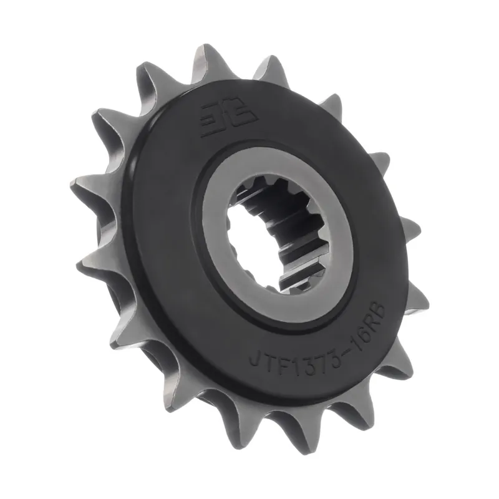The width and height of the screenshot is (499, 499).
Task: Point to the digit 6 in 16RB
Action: (x=365, y=334)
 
